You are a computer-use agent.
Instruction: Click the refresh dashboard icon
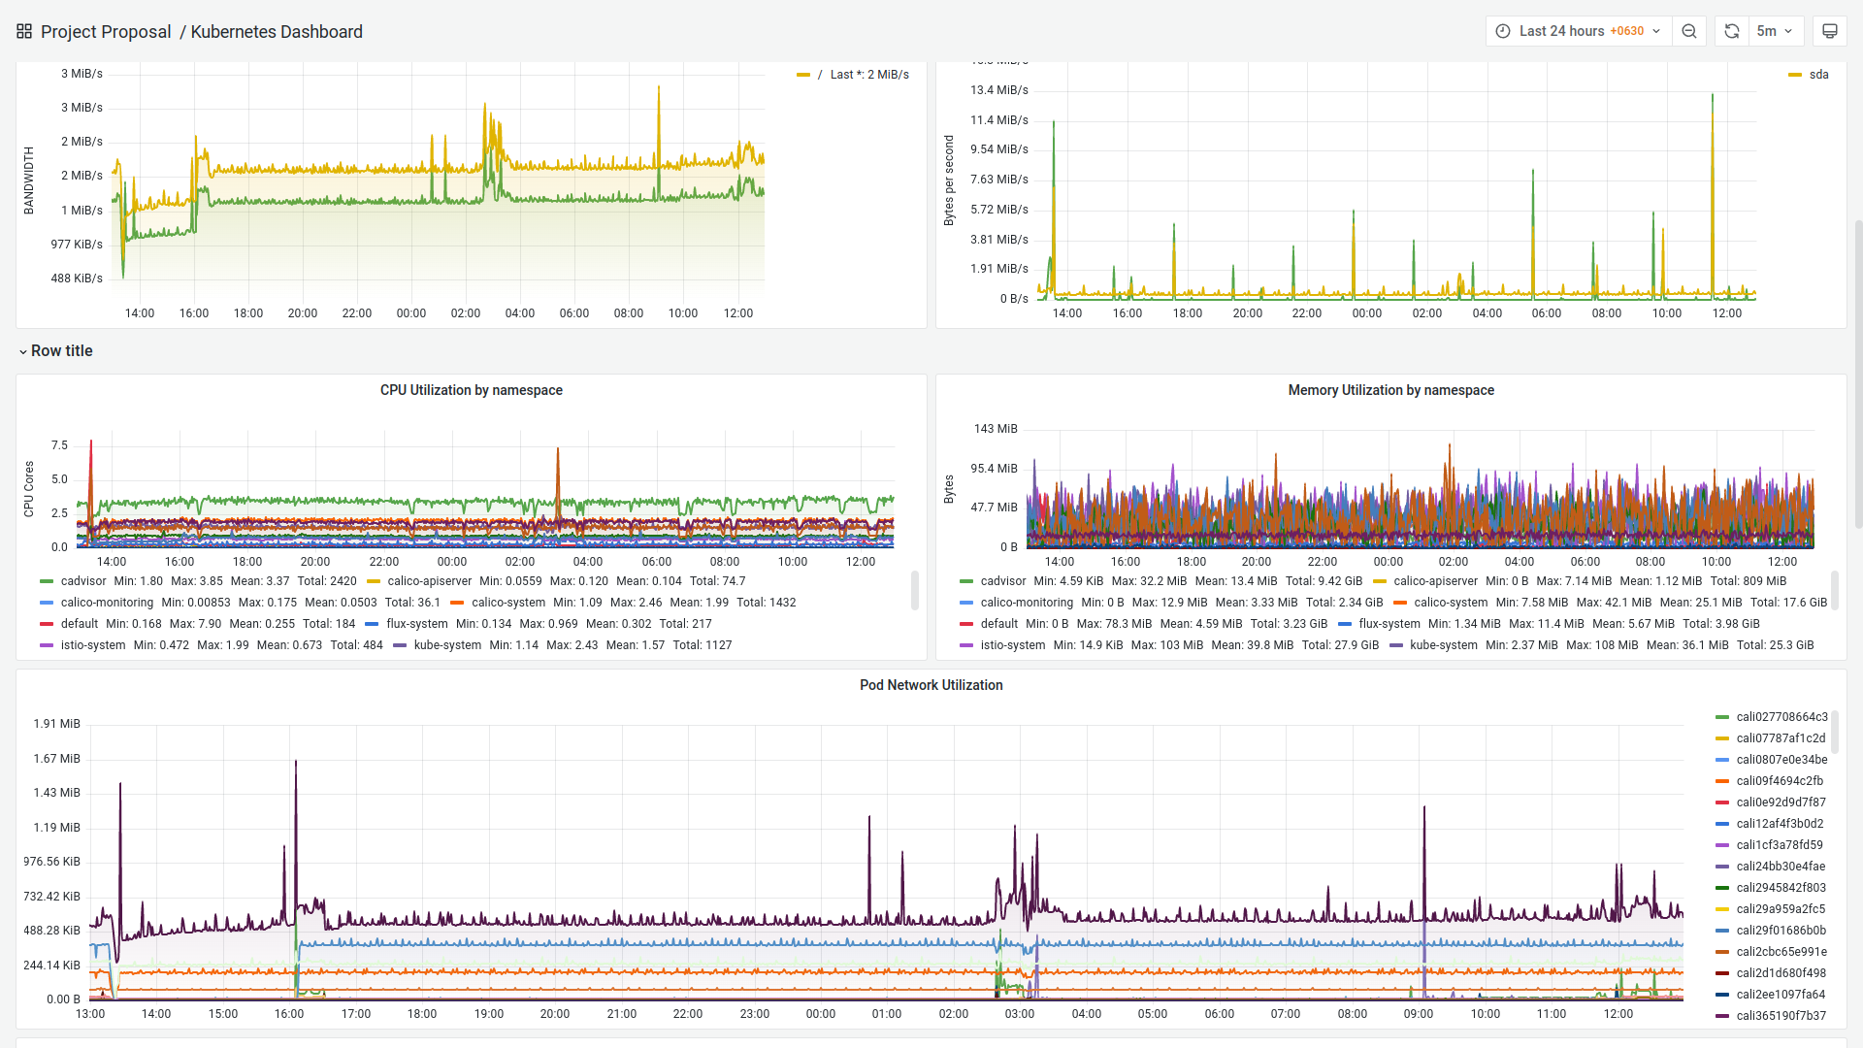tap(1731, 31)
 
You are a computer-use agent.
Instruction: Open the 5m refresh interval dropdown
tap(1775, 31)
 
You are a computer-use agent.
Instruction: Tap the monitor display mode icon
tap(1829, 31)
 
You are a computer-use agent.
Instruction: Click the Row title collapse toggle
tap(23, 351)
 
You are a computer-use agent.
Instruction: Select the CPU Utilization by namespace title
tap(471, 390)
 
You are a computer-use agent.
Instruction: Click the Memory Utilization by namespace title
tap(1390, 390)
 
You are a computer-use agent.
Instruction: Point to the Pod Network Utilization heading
tap(931, 685)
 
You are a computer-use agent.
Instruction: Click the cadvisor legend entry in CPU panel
tap(83, 581)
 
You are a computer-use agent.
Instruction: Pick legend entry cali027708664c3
tap(1781, 717)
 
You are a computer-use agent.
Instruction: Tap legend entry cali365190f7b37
tap(1781, 1016)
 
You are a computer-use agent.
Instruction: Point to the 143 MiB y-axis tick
tap(996, 429)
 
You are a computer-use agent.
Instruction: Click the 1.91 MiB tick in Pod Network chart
tap(57, 724)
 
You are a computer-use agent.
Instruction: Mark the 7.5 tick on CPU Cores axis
tap(59, 445)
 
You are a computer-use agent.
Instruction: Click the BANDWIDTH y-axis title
tap(29, 180)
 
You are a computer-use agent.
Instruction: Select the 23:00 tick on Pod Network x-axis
tap(754, 1014)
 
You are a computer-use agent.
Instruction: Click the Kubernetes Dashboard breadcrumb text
tap(277, 32)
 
